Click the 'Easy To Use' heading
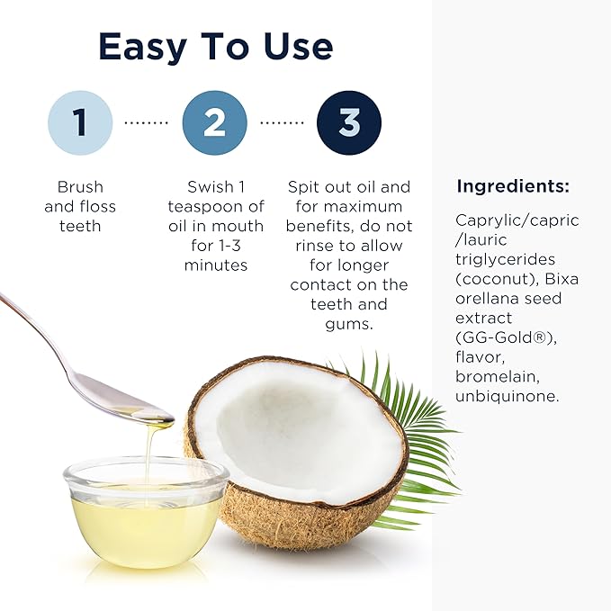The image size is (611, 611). pyautogui.click(x=215, y=46)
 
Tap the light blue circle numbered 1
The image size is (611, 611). pyautogui.click(x=80, y=123)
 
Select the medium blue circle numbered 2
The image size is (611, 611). pyautogui.click(x=214, y=123)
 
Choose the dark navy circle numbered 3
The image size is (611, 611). pyautogui.click(x=348, y=123)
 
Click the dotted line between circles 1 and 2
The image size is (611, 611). pyautogui.click(x=147, y=123)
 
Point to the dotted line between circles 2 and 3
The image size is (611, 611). pyautogui.click(x=282, y=123)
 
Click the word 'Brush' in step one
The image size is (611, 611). pyautogui.click(x=80, y=187)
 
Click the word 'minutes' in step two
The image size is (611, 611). pyautogui.click(x=215, y=265)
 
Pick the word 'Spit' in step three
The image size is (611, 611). pyautogui.click(x=304, y=187)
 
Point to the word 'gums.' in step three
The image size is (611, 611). pyautogui.click(x=348, y=324)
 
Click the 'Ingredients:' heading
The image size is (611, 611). pyautogui.click(x=513, y=187)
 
